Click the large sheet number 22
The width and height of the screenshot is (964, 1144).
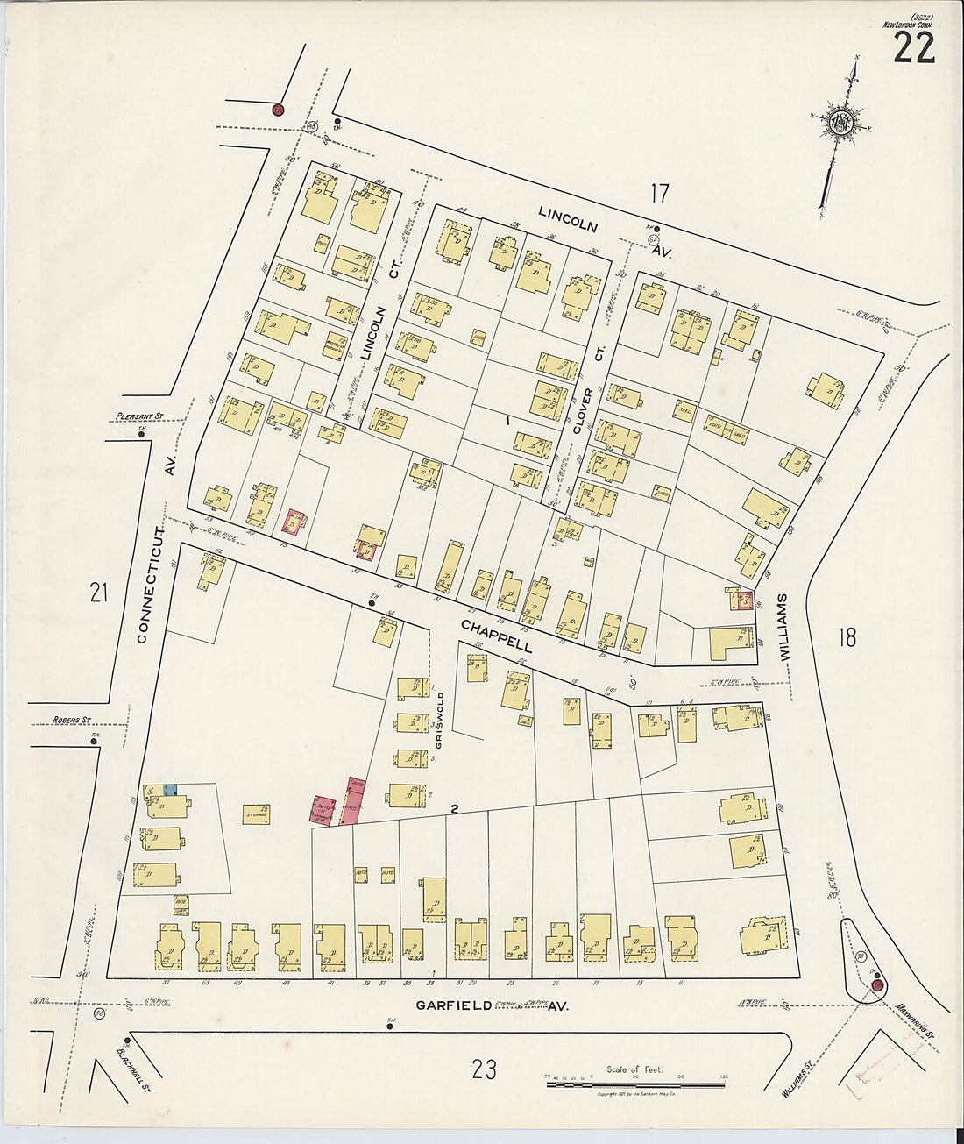pyautogui.click(x=913, y=47)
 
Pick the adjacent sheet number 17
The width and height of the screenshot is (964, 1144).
pyautogui.click(x=659, y=194)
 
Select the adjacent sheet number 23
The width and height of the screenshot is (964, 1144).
pyautogui.click(x=484, y=1069)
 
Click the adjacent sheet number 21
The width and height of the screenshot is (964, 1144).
pyautogui.click(x=98, y=593)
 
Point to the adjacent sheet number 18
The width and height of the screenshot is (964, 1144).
pyautogui.click(x=846, y=637)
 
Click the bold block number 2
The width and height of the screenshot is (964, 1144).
pyautogui.click(x=455, y=809)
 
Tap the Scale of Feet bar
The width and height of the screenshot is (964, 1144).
pyautogui.click(x=635, y=1084)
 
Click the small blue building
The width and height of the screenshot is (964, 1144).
pyautogui.click(x=170, y=789)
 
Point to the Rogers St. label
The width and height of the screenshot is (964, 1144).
pyautogui.click(x=72, y=720)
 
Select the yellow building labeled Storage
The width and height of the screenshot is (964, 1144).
pyautogui.click(x=256, y=814)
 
